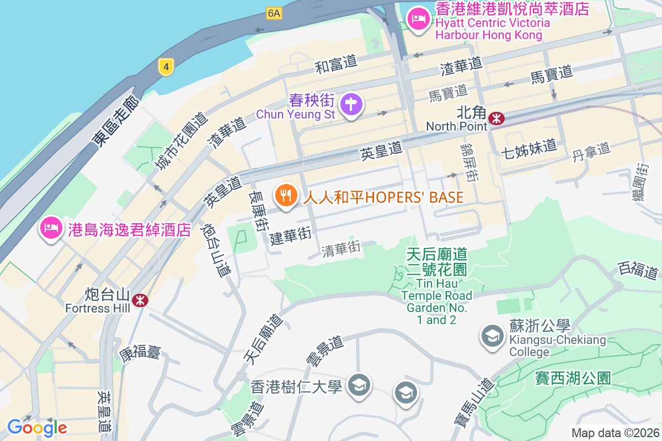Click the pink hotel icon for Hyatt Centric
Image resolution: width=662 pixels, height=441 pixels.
point(418,20)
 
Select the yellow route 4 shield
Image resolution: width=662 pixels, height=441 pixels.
point(165,67)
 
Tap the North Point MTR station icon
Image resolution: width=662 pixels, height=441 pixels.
point(496,118)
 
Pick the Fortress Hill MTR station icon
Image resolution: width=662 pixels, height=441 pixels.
point(140,300)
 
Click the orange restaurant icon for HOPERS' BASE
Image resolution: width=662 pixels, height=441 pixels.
point(286,196)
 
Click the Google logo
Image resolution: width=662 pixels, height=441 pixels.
point(37,427)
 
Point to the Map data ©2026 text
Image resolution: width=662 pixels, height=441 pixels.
point(615,433)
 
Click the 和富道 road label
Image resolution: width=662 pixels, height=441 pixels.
point(336,66)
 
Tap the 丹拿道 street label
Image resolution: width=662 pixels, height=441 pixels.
point(591,150)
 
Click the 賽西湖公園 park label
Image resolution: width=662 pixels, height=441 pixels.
point(573,378)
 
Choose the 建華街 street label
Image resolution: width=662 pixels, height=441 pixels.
point(291,235)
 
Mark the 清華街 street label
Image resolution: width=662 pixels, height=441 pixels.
point(341,249)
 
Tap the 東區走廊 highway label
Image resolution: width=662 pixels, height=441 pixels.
point(115,121)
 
